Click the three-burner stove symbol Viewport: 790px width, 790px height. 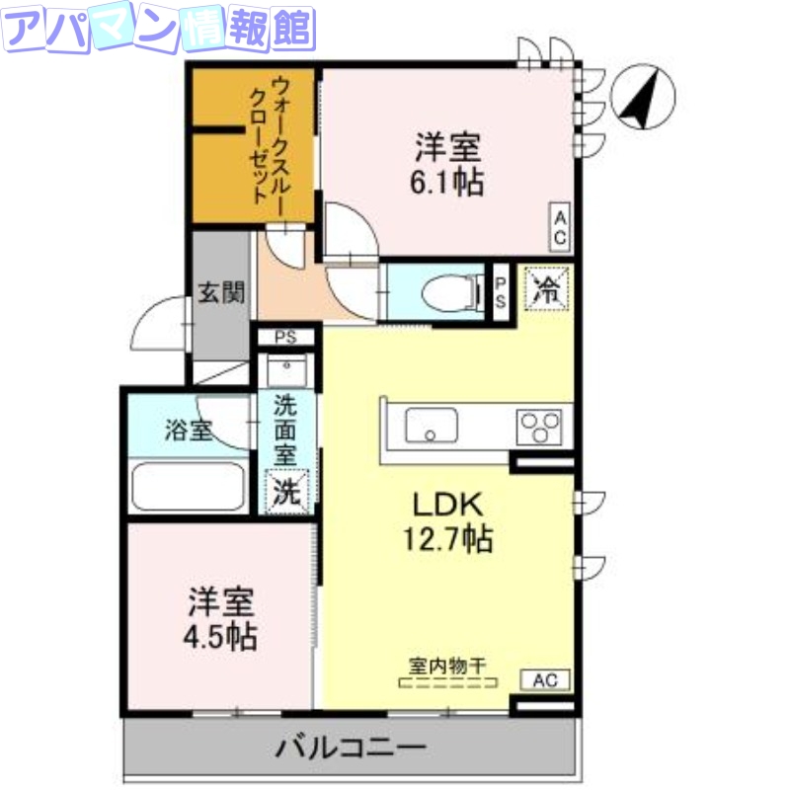[x=539, y=428]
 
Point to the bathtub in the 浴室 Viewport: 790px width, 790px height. [x=187, y=485]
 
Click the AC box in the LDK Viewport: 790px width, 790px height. [x=544, y=680]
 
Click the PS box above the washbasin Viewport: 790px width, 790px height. [x=286, y=337]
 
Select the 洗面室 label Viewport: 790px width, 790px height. [x=285, y=432]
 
